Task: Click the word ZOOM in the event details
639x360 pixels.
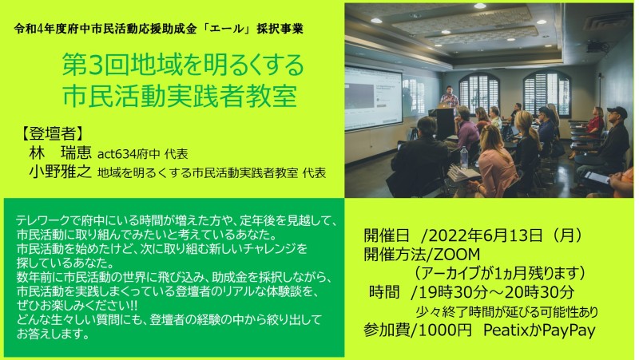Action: [456, 255]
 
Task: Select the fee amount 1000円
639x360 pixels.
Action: [445, 330]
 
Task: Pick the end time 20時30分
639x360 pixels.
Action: [547, 292]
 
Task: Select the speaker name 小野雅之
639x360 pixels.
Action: [61, 172]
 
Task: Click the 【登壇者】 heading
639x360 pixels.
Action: [53, 133]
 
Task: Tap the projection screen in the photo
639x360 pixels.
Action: [373, 97]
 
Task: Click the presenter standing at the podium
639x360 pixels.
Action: [449, 97]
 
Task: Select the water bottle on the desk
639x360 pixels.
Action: [464, 157]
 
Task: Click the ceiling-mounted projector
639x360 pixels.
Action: [597, 46]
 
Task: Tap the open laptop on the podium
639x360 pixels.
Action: [443, 105]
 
